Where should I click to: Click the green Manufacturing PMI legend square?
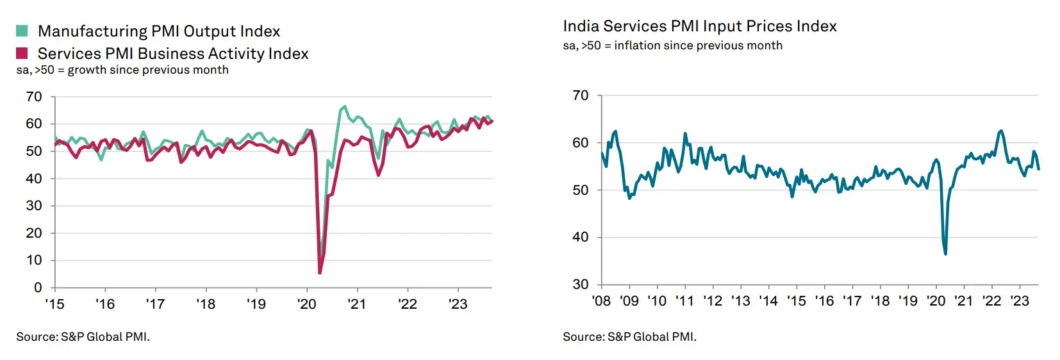point(22,31)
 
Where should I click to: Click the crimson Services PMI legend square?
point(22,53)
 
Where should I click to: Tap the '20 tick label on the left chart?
point(306,304)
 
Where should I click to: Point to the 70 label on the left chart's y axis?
point(34,97)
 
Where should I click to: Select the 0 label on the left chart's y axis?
point(38,288)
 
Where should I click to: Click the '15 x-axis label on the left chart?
point(54,304)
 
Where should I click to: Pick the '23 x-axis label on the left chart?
point(458,304)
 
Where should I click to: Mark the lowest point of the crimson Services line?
point(320,273)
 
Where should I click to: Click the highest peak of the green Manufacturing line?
point(345,106)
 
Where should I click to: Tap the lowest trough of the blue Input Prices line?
point(945,254)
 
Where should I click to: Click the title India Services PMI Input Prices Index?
point(699,26)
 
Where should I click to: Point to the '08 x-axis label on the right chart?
point(601,301)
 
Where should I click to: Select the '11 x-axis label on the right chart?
point(684,301)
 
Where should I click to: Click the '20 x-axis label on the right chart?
point(936,301)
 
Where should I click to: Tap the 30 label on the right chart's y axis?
point(580,284)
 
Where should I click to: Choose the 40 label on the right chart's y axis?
point(580,237)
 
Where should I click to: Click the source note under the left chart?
point(83,337)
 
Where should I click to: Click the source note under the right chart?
point(629,337)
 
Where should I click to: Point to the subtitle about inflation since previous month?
point(672,45)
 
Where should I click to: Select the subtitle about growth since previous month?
point(122,70)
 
